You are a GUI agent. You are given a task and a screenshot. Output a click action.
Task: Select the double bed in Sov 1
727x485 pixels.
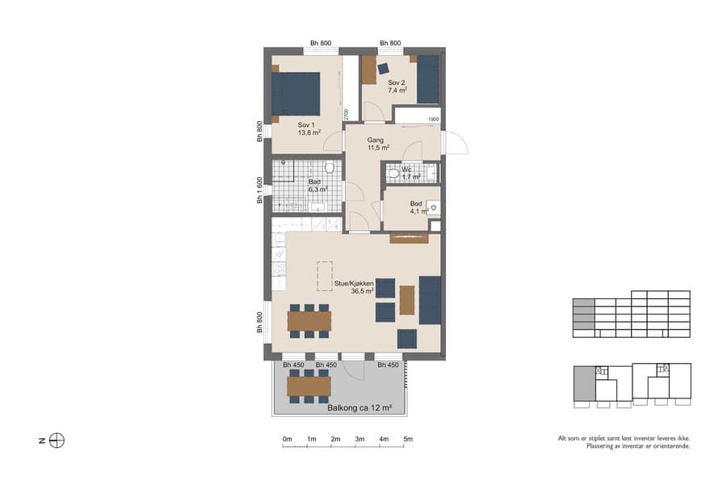click(x=296, y=94)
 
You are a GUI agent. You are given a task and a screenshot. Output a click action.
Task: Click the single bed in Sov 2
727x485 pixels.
click(x=428, y=79)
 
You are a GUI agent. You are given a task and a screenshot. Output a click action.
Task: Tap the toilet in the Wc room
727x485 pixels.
click(x=393, y=173)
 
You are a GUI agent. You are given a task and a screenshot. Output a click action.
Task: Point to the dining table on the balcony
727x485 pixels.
click(x=309, y=386)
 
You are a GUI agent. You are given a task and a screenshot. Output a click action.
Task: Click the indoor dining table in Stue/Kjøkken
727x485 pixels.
click(x=309, y=321)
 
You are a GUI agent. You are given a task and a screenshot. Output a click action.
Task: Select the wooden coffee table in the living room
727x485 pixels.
click(x=407, y=300)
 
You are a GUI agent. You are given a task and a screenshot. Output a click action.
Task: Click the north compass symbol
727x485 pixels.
click(x=57, y=441)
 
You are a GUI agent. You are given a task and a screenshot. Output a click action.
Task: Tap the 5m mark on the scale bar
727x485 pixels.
click(x=408, y=439)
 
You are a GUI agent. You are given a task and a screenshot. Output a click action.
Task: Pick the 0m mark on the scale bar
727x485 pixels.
click(x=288, y=439)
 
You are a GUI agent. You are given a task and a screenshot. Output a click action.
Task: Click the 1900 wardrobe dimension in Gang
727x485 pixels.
click(x=432, y=120)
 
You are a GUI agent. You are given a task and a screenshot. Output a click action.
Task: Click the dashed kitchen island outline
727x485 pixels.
click(x=325, y=275)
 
